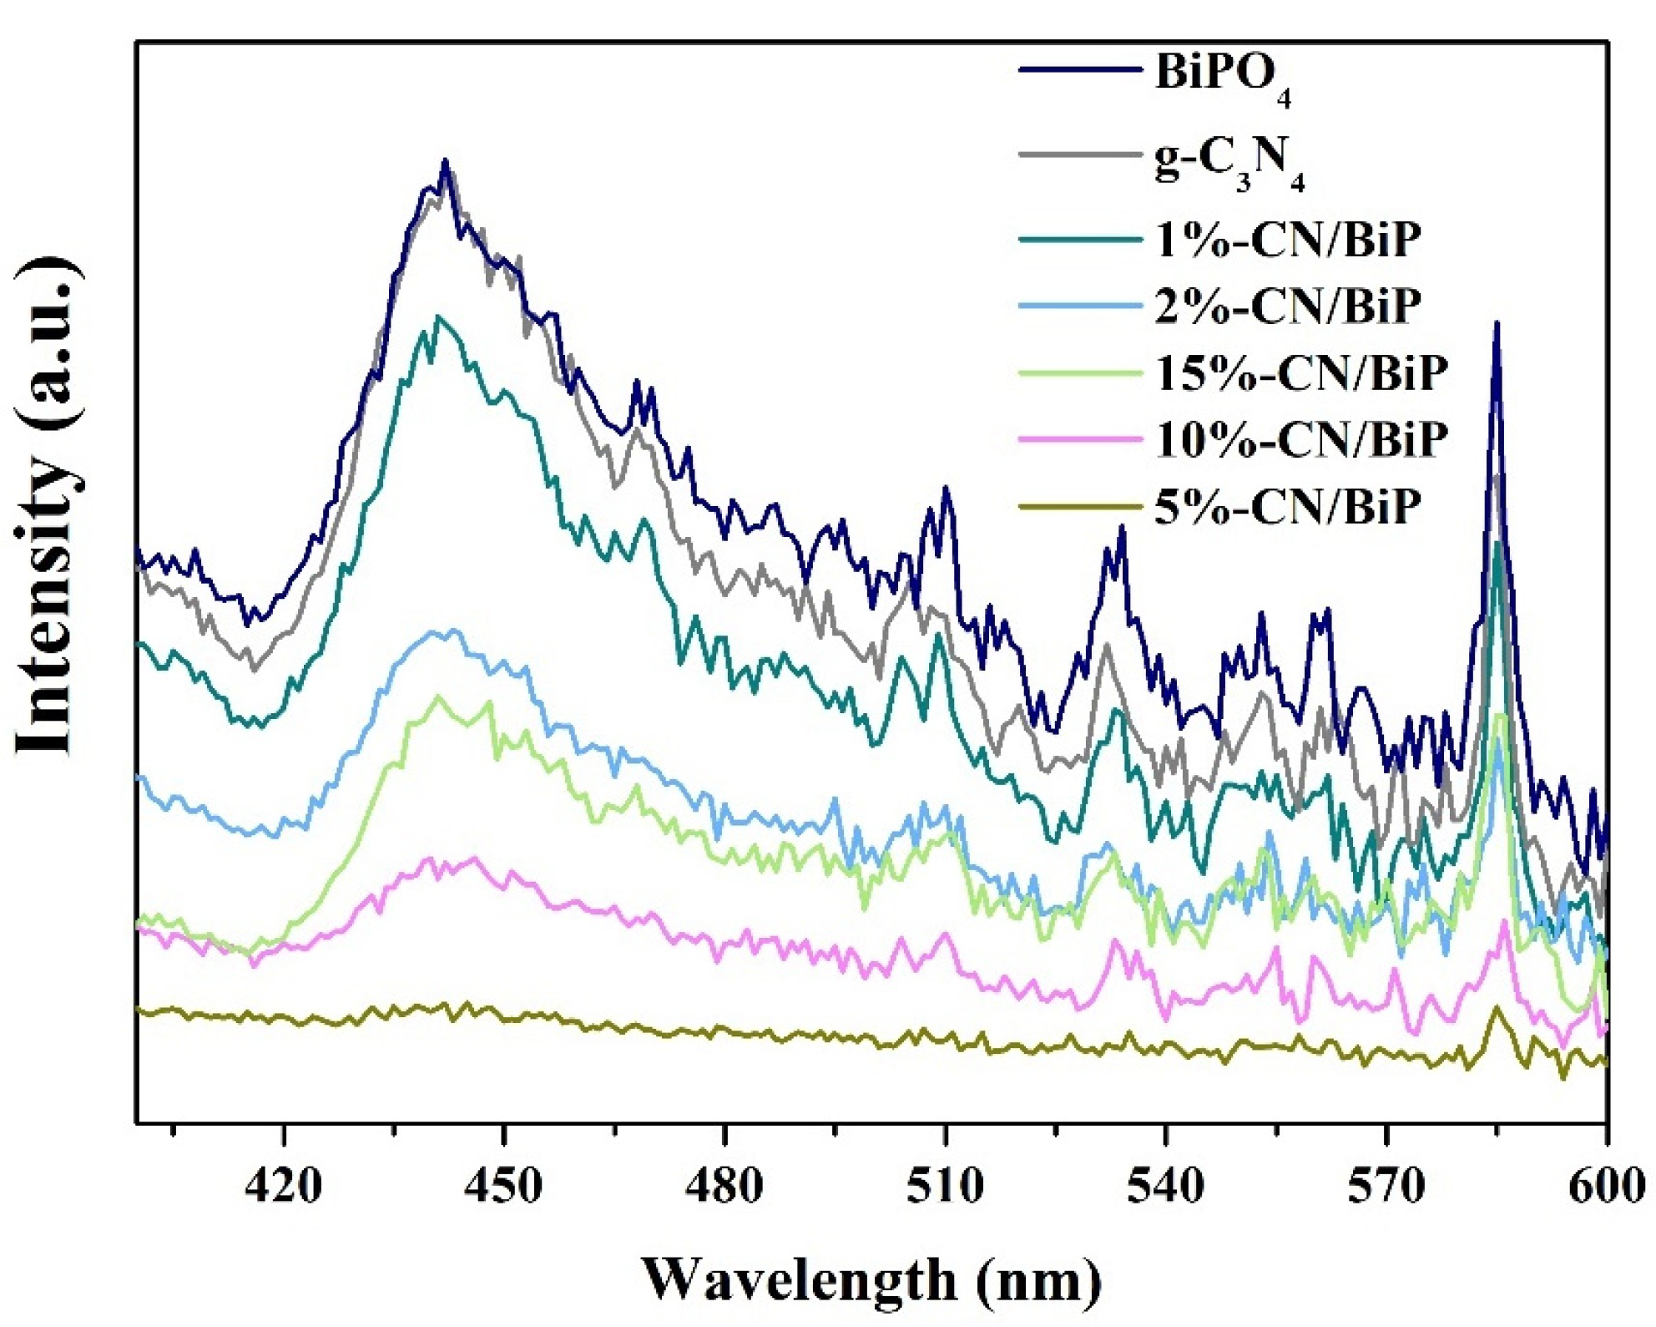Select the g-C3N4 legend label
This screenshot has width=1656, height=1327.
tap(1229, 163)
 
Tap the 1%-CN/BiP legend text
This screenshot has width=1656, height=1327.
tap(1287, 240)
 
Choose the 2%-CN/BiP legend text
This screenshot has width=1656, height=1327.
tap(1287, 306)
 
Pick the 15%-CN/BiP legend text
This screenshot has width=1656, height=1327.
tap(1300, 373)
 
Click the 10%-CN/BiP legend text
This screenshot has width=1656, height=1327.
tap(1300, 439)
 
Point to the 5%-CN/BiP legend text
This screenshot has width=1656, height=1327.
tap(1287, 506)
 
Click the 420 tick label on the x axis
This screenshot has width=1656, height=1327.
tap(284, 1186)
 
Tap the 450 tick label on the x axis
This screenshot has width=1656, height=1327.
tap(503, 1186)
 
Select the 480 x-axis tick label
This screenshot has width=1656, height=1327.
tap(724, 1186)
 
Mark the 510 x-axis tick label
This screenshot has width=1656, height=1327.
tap(945, 1186)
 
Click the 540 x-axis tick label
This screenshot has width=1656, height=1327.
tap(1165, 1186)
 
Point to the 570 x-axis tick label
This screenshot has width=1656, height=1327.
tap(1386, 1186)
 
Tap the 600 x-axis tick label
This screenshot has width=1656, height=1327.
tap(1606, 1186)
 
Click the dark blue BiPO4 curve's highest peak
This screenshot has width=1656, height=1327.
tap(445, 162)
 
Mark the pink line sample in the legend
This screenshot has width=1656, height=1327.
tap(1079, 439)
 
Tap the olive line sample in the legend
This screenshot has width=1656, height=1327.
tap(1079, 506)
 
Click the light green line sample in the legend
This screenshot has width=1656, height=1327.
tap(1079, 373)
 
